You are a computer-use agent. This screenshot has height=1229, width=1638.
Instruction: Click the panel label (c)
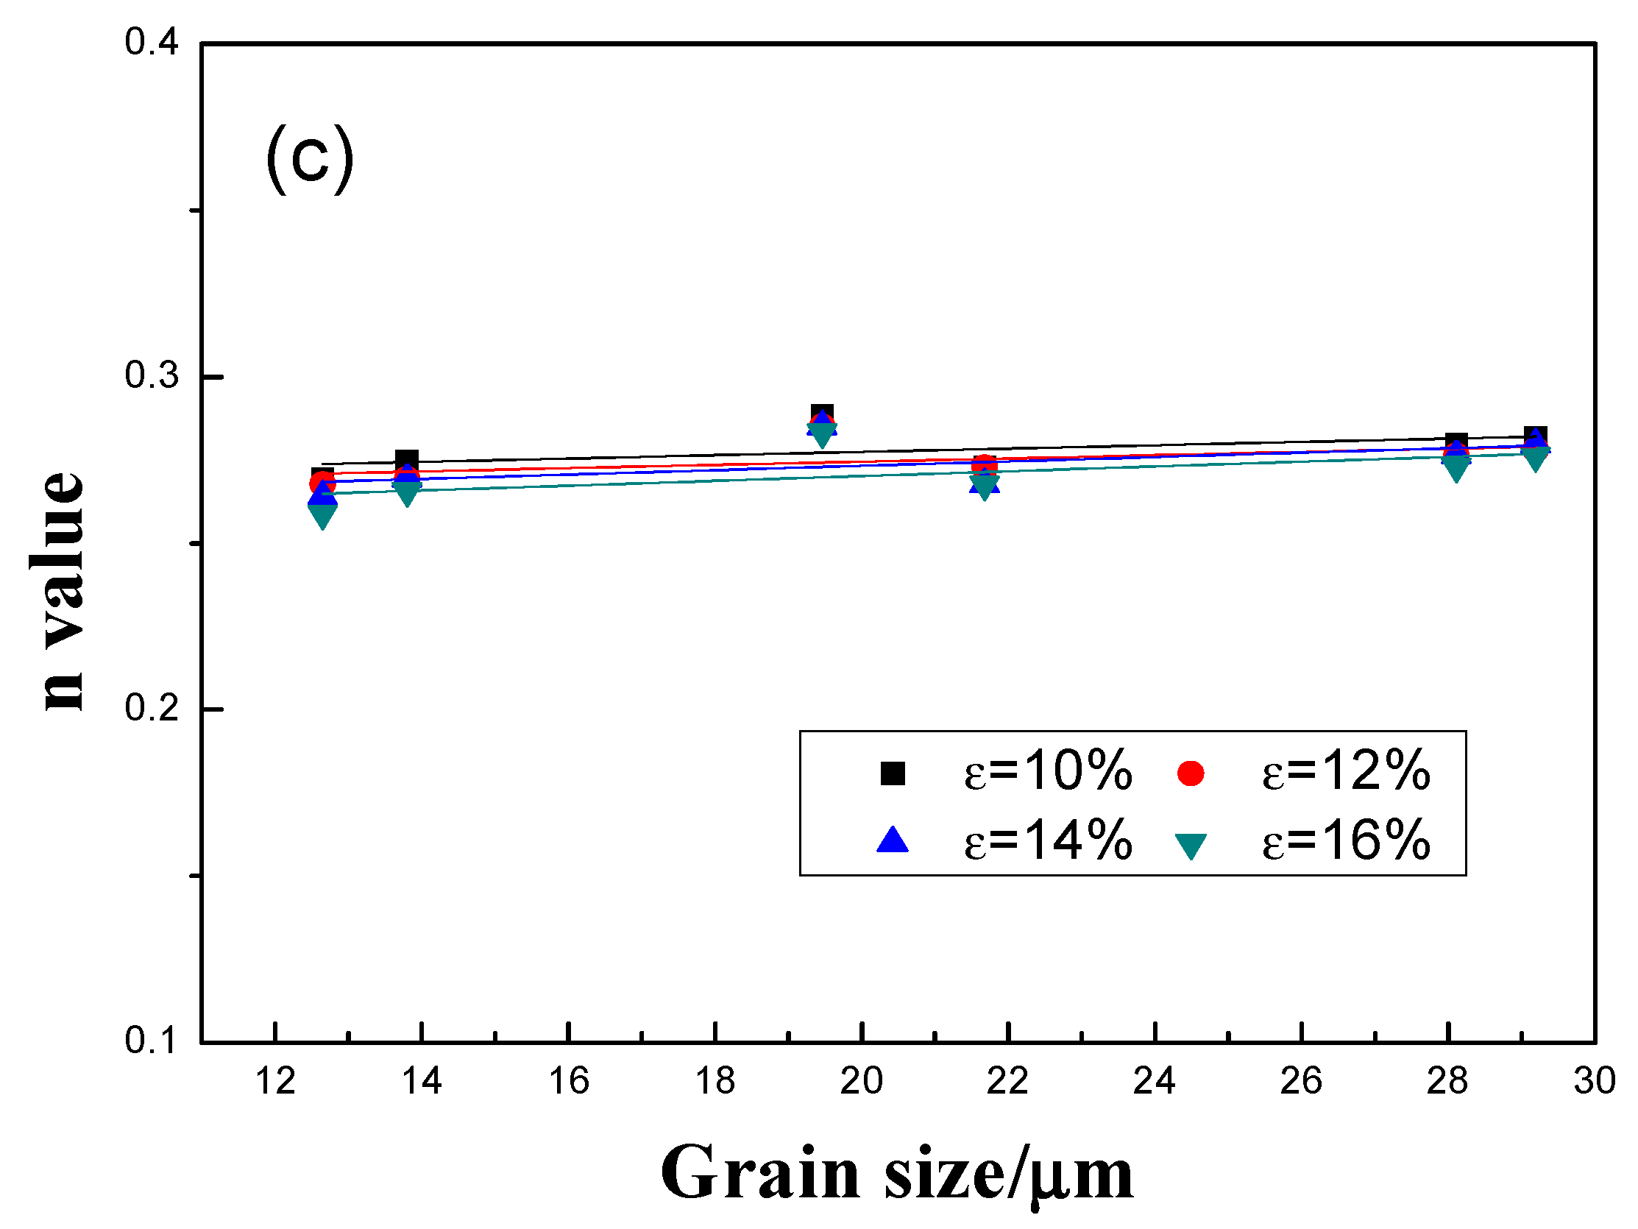pyautogui.click(x=310, y=158)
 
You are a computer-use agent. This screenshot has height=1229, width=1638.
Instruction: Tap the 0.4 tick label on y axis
pyautogui.click(x=151, y=42)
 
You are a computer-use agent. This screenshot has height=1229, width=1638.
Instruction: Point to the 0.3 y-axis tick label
pyautogui.click(x=151, y=375)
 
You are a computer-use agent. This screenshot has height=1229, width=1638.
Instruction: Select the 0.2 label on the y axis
pyautogui.click(x=151, y=707)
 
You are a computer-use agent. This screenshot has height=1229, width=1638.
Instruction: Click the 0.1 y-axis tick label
pyautogui.click(x=151, y=1041)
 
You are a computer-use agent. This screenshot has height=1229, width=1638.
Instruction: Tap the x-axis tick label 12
pyautogui.click(x=275, y=1081)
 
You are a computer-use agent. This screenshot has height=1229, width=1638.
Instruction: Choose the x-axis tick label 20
pyautogui.click(x=861, y=1081)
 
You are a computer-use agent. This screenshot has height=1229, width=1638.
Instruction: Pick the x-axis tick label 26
pyautogui.click(x=1301, y=1081)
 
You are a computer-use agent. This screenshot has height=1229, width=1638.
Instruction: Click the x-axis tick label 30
pyautogui.click(x=1595, y=1081)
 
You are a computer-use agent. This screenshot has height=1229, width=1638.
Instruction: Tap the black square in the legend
pyautogui.click(x=893, y=773)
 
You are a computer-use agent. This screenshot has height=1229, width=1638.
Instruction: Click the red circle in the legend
pyautogui.click(x=1190, y=773)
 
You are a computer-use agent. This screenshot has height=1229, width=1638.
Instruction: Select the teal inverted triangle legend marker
pyautogui.click(x=1191, y=846)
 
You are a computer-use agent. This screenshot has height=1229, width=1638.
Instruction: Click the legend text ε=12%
pyautogui.click(x=1345, y=771)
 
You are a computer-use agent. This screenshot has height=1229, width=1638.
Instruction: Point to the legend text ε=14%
pyautogui.click(x=1048, y=841)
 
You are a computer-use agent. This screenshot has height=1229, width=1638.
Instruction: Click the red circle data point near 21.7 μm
pyautogui.click(x=984, y=465)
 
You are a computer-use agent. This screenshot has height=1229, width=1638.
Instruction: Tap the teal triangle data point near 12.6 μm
pyautogui.click(x=322, y=515)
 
